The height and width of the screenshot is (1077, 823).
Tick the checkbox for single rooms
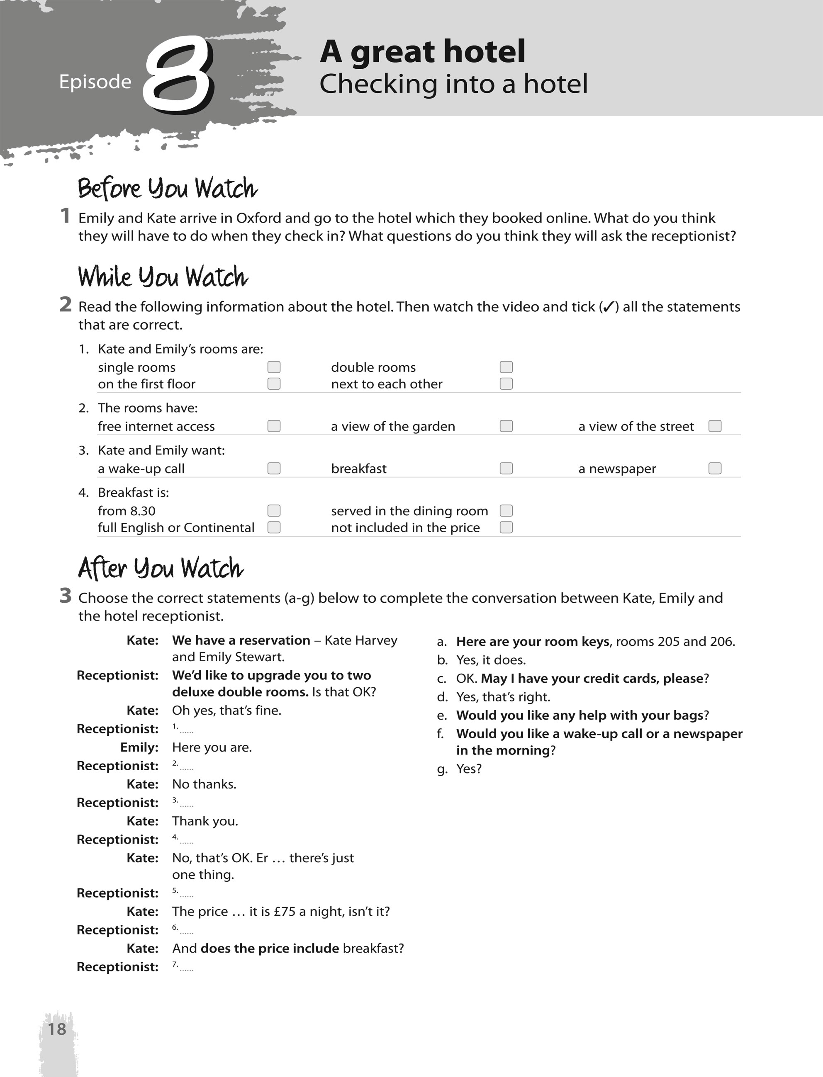[274, 367]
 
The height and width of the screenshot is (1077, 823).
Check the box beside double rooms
[506, 367]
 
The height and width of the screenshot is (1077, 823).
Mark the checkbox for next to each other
[506, 384]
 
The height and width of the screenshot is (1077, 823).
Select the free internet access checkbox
[274, 426]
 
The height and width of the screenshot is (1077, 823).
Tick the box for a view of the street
[715, 426]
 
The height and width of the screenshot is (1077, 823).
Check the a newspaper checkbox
[715, 468]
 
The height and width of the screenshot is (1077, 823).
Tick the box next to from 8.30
[274, 511]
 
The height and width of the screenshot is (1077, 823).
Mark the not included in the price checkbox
[506, 527]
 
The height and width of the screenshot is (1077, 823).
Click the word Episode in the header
[95, 82]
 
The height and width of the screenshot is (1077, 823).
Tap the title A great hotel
[422, 51]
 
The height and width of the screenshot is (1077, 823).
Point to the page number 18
[57, 1028]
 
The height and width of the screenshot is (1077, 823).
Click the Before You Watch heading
[168, 189]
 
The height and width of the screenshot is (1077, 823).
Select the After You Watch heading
[161, 569]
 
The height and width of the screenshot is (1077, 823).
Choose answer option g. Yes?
[468, 769]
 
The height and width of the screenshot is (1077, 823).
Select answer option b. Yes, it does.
[490, 660]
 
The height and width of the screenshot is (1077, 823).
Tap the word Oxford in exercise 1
[258, 218]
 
